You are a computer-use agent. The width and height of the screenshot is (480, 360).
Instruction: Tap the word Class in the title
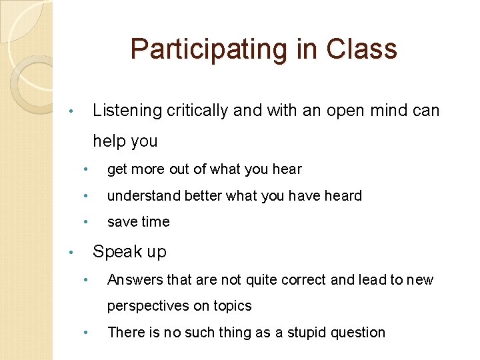[362, 49]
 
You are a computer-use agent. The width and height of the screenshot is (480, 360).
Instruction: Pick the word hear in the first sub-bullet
[287, 169]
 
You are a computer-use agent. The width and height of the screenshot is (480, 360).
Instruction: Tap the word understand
[142, 196]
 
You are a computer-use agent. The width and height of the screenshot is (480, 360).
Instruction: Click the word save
[122, 222]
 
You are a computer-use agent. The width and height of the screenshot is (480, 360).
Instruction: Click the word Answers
[133, 280]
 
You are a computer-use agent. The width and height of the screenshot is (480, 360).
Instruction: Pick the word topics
[232, 306]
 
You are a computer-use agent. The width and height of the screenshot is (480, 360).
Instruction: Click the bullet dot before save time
[85, 222]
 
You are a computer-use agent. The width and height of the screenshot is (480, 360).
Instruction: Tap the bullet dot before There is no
[85, 333]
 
